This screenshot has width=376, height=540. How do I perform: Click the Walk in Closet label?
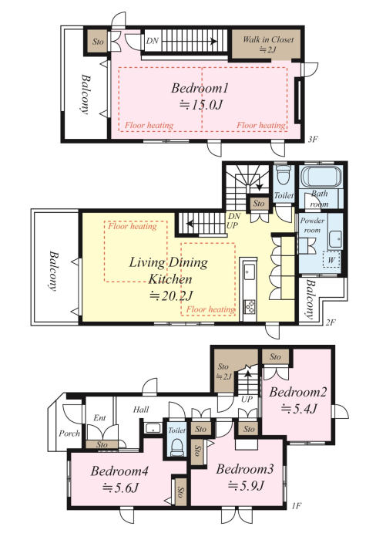(x=268, y=39)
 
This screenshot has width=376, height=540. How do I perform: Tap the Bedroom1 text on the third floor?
(x=200, y=88)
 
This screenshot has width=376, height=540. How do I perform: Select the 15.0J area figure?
(x=201, y=104)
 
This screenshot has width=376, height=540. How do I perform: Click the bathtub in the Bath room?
(x=321, y=177)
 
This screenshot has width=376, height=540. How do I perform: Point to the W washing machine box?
(x=331, y=260)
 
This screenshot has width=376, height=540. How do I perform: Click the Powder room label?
(x=312, y=225)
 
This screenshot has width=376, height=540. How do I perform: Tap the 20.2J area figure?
(x=172, y=295)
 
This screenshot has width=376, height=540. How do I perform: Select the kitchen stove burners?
(x=249, y=306)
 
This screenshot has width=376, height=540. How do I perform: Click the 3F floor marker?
(x=312, y=140)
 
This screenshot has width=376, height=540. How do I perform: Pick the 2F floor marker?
(x=331, y=322)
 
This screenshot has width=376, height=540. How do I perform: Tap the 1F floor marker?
(x=296, y=506)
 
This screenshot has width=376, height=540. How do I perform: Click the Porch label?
(x=69, y=434)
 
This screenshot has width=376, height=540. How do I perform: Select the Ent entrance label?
(x=99, y=418)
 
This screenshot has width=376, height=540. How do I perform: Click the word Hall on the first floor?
(x=141, y=409)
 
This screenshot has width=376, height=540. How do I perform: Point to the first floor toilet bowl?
(x=177, y=447)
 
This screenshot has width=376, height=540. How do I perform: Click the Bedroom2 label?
(x=297, y=392)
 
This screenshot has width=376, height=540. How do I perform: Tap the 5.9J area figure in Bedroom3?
(x=246, y=485)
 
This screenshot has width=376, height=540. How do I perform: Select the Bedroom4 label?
(x=119, y=471)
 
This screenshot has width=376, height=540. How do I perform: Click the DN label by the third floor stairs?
(x=152, y=41)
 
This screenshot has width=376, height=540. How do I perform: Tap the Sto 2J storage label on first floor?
(x=223, y=371)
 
